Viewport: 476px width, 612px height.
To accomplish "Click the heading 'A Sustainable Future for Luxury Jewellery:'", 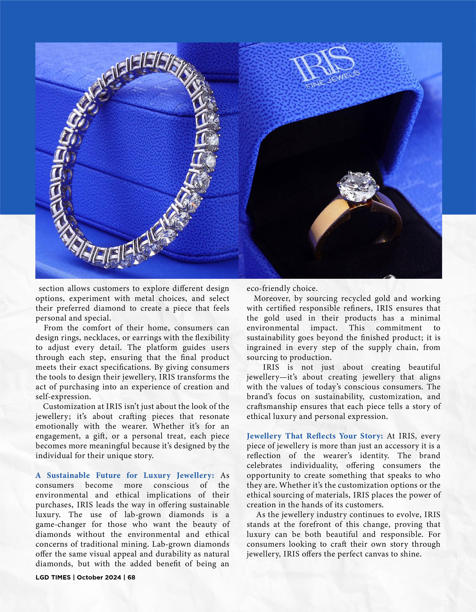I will [x=125, y=475].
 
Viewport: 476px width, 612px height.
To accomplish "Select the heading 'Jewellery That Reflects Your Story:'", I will [x=315, y=436].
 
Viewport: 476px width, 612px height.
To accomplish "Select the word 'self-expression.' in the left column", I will [x=63, y=397].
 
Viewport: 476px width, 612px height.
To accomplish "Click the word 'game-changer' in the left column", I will [x=62, y=525].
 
